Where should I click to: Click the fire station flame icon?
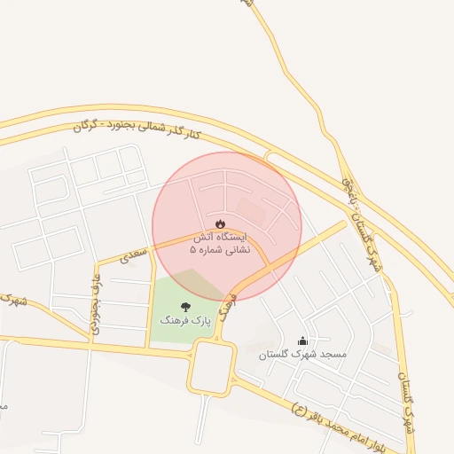click(x=221, y=223)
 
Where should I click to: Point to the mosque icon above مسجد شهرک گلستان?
click(x=302, y=340)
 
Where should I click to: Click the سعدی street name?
click(x=133, y=257)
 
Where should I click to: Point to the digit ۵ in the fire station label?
click(x=193, y=251)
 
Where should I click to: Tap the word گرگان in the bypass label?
click(x=84, y=126)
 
